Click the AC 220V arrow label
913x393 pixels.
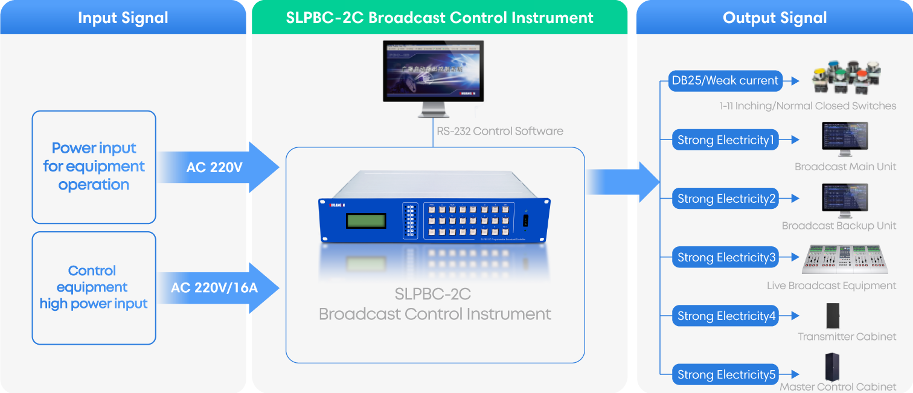coord(214,168)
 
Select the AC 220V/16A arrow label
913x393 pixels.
coord(214,288)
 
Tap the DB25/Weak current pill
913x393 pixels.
coord(725,80)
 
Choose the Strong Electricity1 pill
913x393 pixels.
coord(725,140)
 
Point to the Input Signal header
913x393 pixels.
coord(123,18)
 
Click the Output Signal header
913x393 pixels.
coord(775,18)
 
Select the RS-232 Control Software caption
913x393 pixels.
coord(500,131)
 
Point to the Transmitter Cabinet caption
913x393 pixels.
coord(847,337)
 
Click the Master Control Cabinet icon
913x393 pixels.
coord(835,366)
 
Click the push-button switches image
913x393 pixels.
coord(848,77)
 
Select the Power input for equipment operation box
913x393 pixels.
coord(94,167)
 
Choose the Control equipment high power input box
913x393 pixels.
coord(94,288)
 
